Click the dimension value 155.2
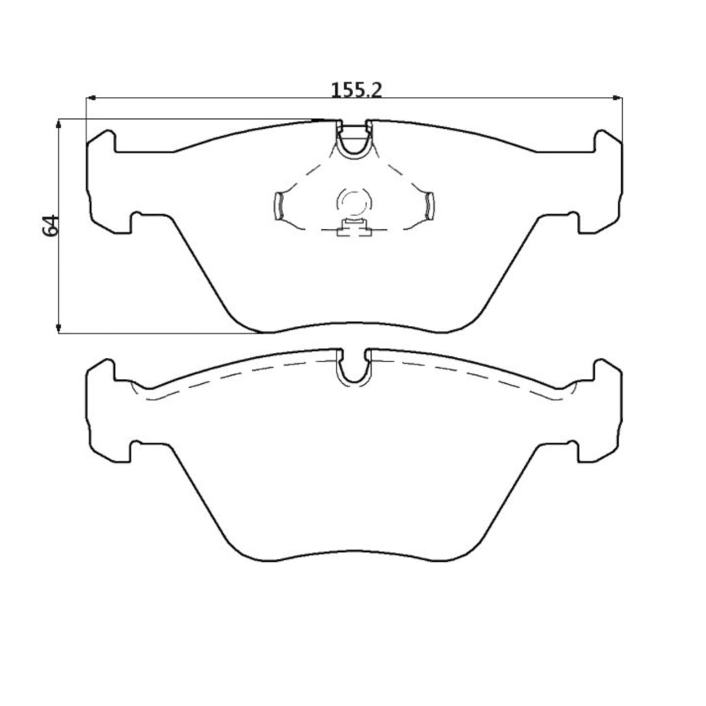pyautogui.click(x=356, y=89)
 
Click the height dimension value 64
pyautogui.click(x=51, y=225)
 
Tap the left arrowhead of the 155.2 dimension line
pyautogui.click(x=90, y=99)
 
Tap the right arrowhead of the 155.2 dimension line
pyautogui.click(x=617, y=99)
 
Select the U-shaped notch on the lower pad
pyautogui.click(x=354, y=368)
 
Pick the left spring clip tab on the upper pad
pyautogui.click(x=279, y=205)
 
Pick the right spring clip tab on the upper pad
pyautogui.click(x=429, y=205)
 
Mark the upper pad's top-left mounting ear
pyautogui.click(x=100, y=142)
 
